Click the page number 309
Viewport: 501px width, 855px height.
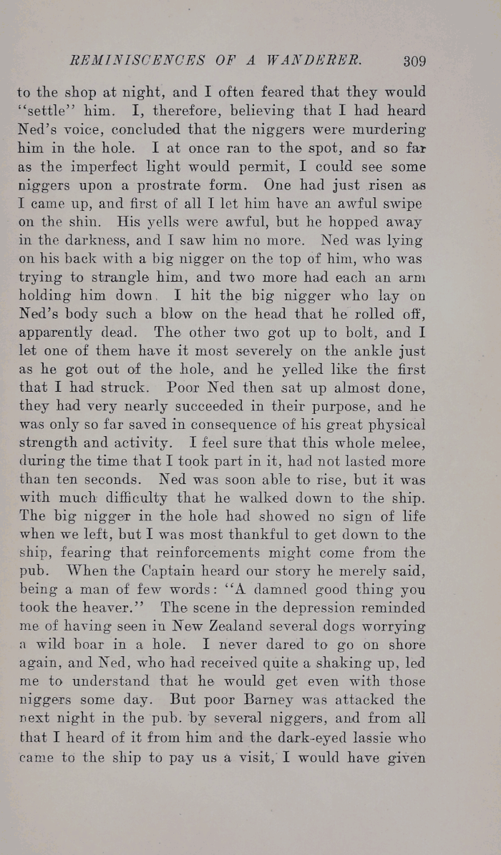(x=414, y=61)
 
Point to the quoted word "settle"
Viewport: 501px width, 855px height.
(x=43, y=111)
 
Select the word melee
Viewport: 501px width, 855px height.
(x=404, y=442)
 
